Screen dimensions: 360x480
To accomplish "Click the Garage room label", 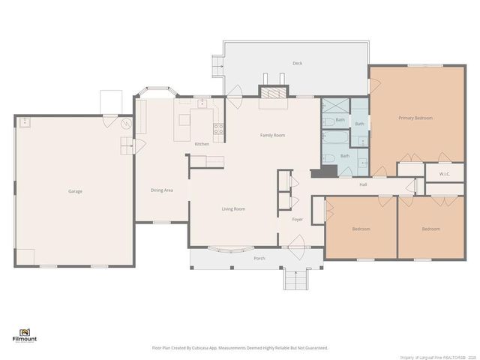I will [75, 191].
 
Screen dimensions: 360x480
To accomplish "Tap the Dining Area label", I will [162, 190].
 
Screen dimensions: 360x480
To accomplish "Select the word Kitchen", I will [202, 144].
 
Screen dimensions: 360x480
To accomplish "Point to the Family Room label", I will [272, 135].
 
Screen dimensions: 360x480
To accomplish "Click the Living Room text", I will [233, 209].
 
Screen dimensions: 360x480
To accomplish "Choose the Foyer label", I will [297, 220].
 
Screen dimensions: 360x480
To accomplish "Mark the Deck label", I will [298, 64].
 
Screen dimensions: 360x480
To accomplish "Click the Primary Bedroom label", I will [414, 118].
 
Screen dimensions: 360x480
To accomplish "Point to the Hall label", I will [363, 184].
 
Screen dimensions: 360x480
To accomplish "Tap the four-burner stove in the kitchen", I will [218, 128].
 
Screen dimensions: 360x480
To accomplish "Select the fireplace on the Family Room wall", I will [272, 92].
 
